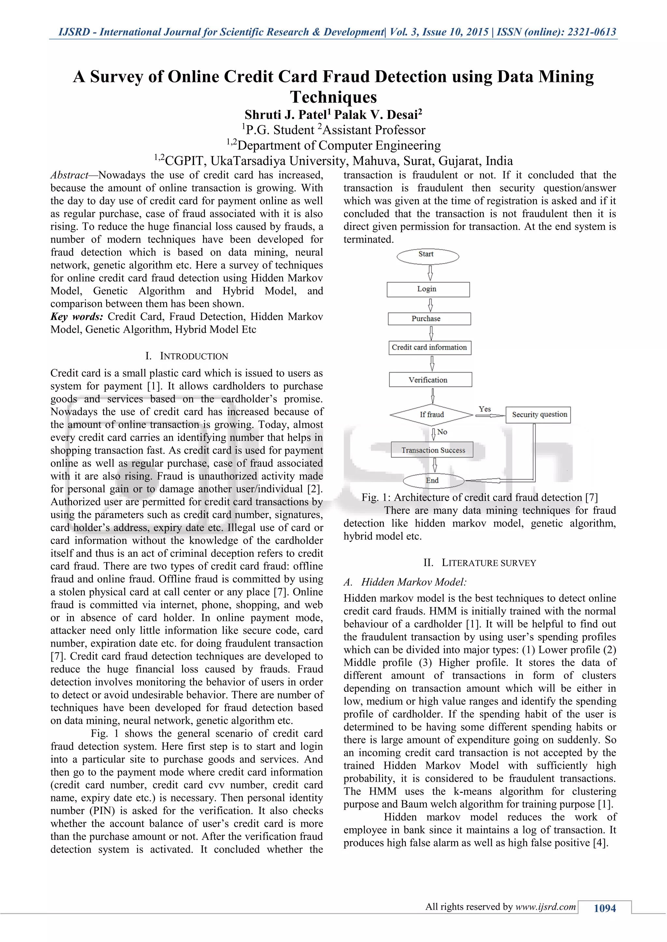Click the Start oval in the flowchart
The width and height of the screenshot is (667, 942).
pyautogui.click(x=428, y=256)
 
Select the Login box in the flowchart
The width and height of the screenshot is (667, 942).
pyautogui.click(x=428, y=289)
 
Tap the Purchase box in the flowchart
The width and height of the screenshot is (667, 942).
pyautogui.click(x=429, y=319)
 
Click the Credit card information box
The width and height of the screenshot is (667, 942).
pyautogui.click(x=430, y=347)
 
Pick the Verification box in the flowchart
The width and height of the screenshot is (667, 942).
pyautogui.click(x=430, y=380)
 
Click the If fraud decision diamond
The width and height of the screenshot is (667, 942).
pyautogui.click(x=432, y=415)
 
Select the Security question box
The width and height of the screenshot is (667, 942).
pyautogui.click(x=538, y=415)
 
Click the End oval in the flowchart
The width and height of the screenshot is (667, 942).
pyautogui.click(x=433, y=480)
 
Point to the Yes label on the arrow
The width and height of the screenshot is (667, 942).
pyautogui.click(x=485, y=409)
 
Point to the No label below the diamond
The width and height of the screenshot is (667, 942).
pyautogui.click(x=442, y=432)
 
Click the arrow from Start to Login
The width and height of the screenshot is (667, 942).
pyautogui.click(x=430, y=273)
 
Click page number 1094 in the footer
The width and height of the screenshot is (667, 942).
pyautogui.click(x=604, y=908)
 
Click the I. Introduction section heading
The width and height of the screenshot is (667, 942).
pyautogui.click(x=187, y=356)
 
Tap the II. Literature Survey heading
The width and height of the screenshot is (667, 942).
pyautogui.click(x=479, y=563)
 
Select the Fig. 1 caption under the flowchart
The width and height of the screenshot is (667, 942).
pyautogui.click(x=479, y=497)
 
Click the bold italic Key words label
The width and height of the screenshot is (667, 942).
pyautogui.click(x=77, y=317)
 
